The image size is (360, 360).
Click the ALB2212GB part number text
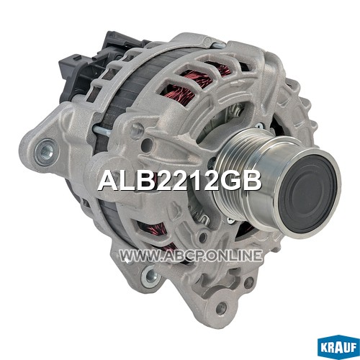180,181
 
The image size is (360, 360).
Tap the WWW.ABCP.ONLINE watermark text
191,256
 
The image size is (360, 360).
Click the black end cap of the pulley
308,194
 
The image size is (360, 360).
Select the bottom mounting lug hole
221,307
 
